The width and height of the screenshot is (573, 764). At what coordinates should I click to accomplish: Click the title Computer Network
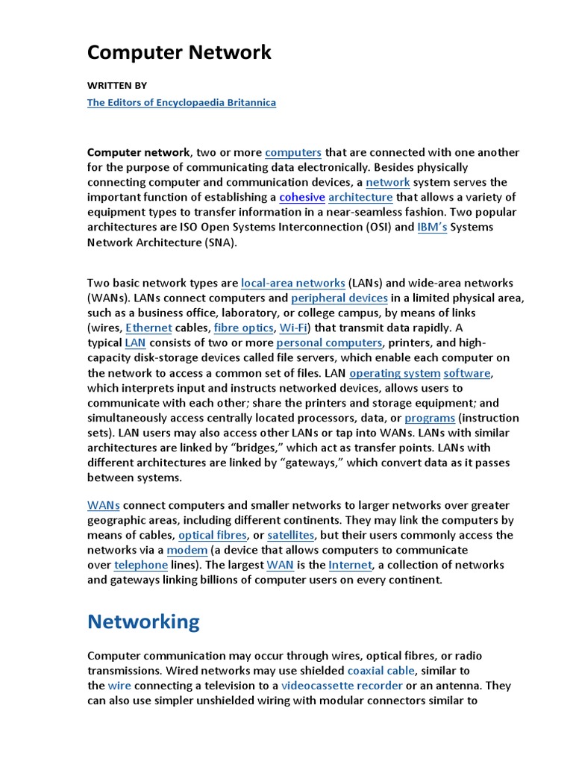pos(179,53)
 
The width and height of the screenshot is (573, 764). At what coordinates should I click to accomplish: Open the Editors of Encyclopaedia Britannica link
pos(181,103)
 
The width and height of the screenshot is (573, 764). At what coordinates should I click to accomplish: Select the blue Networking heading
pos(143,622)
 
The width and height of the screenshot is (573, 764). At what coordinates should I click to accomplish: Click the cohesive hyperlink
pos(302,198)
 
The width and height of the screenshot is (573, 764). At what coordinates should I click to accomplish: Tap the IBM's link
pos(431,228)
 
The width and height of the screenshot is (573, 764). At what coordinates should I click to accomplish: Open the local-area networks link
pos(293,284)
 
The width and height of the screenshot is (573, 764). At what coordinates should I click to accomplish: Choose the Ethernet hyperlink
pos(149,328)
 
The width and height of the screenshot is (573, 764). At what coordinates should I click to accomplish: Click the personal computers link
pos(329,343)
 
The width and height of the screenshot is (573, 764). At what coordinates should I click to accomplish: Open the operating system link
pos(395,373)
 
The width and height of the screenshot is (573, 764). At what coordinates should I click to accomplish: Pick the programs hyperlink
pos(430,418)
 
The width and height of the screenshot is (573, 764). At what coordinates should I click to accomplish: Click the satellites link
pos(291,536)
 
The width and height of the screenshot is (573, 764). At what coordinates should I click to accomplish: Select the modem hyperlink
pos(181,551)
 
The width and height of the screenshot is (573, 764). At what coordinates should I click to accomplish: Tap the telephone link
pos(141,566)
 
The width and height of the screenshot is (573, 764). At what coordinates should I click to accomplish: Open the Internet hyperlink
pos(349,566)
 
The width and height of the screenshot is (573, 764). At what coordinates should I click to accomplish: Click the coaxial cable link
pos(381,671)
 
